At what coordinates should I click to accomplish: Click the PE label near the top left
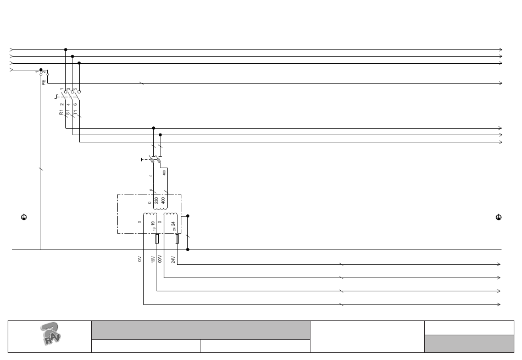tap(44, 82)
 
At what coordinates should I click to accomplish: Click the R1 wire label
tap(62, 113)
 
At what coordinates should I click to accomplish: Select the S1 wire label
tap(68, 113)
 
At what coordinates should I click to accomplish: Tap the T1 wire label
tap(75, 113)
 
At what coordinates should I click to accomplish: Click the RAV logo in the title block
tap(51, 334)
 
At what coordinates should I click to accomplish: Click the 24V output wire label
tap(173, 259)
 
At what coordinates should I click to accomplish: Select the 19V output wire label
tap(153, 259)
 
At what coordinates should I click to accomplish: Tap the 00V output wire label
tap(160, 259)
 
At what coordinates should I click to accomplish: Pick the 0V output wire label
tap(140, 259)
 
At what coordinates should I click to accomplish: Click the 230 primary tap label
tap(157, 201)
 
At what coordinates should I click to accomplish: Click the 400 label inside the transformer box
tap(163, 201)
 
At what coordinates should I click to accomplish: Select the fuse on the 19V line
tap(157, 239)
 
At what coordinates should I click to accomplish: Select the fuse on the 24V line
tap(177, 239)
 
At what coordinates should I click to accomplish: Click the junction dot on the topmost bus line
tap(66, 49)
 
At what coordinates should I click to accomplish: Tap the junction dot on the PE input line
tap(41, 70)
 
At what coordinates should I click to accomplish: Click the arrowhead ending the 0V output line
tap(500, 304)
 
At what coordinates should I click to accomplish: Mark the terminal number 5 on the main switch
tap(75, 89)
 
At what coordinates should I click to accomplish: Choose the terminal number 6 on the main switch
tap(75, 104)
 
